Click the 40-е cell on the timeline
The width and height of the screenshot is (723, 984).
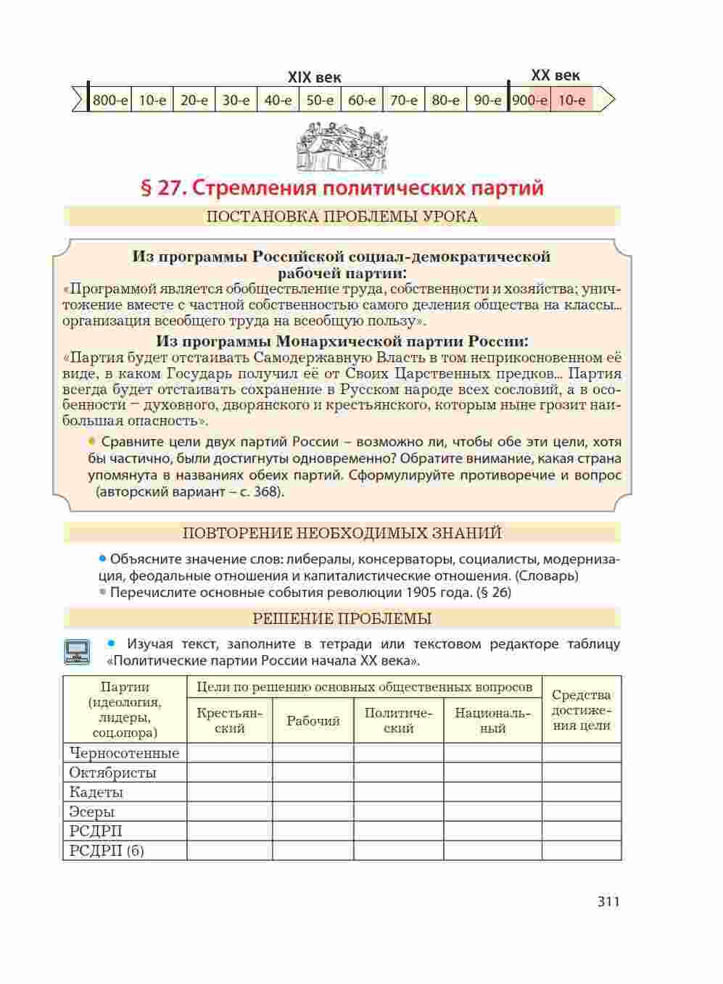point(278,100)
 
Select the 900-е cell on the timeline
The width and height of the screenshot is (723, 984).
point(529,100)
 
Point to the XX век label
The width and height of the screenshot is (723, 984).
point(555,75)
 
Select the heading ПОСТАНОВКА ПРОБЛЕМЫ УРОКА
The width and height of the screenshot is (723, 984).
point(342,217)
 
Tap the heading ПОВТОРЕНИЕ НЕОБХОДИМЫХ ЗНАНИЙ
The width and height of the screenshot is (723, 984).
point(342,533)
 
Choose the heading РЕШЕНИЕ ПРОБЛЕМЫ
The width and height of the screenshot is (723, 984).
point(342,619)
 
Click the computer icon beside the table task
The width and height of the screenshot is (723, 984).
point(77,651)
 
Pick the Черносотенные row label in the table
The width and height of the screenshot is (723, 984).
point(124,753)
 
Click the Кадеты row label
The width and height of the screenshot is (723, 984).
point(96,792)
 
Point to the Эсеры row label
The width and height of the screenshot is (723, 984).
point(92,812)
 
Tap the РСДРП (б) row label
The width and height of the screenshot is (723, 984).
point(107,851)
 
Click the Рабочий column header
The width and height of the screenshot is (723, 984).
point(313,721)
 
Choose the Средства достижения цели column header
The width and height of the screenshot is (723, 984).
point(582,710)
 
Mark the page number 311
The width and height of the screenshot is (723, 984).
point(608,902)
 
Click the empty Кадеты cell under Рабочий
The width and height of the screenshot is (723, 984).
point(313,792)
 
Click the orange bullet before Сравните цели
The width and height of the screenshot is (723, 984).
point(92,441)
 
